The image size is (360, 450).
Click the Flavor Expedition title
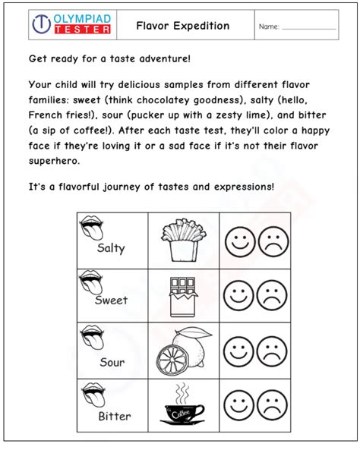point(182,26)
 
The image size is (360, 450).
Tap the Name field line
point(308,29)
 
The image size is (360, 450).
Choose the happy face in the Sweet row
point(238,295)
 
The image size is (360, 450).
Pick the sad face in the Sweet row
point(273,295)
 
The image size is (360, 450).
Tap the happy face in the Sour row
point(238,351)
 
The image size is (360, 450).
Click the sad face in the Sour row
point(273,351)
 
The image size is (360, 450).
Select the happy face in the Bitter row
point(238,405)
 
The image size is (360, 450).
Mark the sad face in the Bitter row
point(273,405)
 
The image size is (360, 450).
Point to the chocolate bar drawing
point(182,295)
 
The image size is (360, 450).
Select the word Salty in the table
point(111,248)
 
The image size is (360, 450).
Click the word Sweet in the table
point(111,301)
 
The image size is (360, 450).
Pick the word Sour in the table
point(112,363)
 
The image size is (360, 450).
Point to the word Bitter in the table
point(114,417)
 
